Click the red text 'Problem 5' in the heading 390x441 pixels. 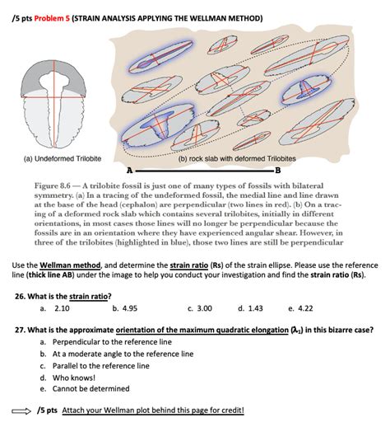point(49,17)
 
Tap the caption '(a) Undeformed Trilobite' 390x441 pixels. point(51,157)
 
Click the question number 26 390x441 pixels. point(21,295)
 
